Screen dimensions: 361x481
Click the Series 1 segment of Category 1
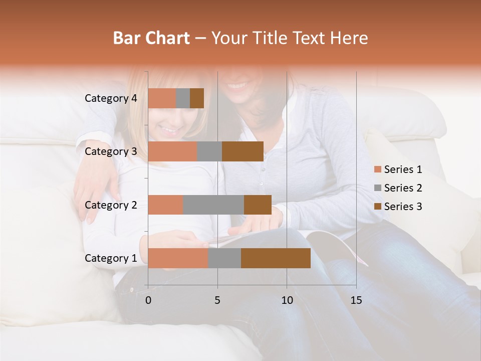click(x=178, y=258)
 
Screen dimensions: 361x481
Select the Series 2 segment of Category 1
click(x=224, y=258)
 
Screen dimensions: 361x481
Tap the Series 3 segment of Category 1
click(x=276, y=258)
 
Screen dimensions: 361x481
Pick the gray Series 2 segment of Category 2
click(x=213, y=205)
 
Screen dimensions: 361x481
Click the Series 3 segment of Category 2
click(x=258, y=205)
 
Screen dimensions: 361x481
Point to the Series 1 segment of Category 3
click(x=172, y=151)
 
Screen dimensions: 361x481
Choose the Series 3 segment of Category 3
click(x=243, y=151)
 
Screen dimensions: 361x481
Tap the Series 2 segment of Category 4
click(x=183, y=98)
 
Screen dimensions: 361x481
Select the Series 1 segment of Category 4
click(x=162, y=98)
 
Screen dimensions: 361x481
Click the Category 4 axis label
click(x=111, y=98)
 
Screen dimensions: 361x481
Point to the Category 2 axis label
click(x=111, y=205)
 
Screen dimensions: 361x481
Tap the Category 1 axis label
click(x=111, y=258)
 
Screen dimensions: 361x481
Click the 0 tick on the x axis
click(x=148, y=300)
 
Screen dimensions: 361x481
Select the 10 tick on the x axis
click(x=287, y=300)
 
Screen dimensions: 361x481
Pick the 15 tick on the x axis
click(x=356, y=300)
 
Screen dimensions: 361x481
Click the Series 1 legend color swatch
click(x=377, y=169)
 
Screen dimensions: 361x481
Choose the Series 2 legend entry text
click(x=403, y=188)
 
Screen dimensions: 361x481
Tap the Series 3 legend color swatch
click(x=377, y=207)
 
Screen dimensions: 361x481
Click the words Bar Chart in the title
click(x=151, y=38)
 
